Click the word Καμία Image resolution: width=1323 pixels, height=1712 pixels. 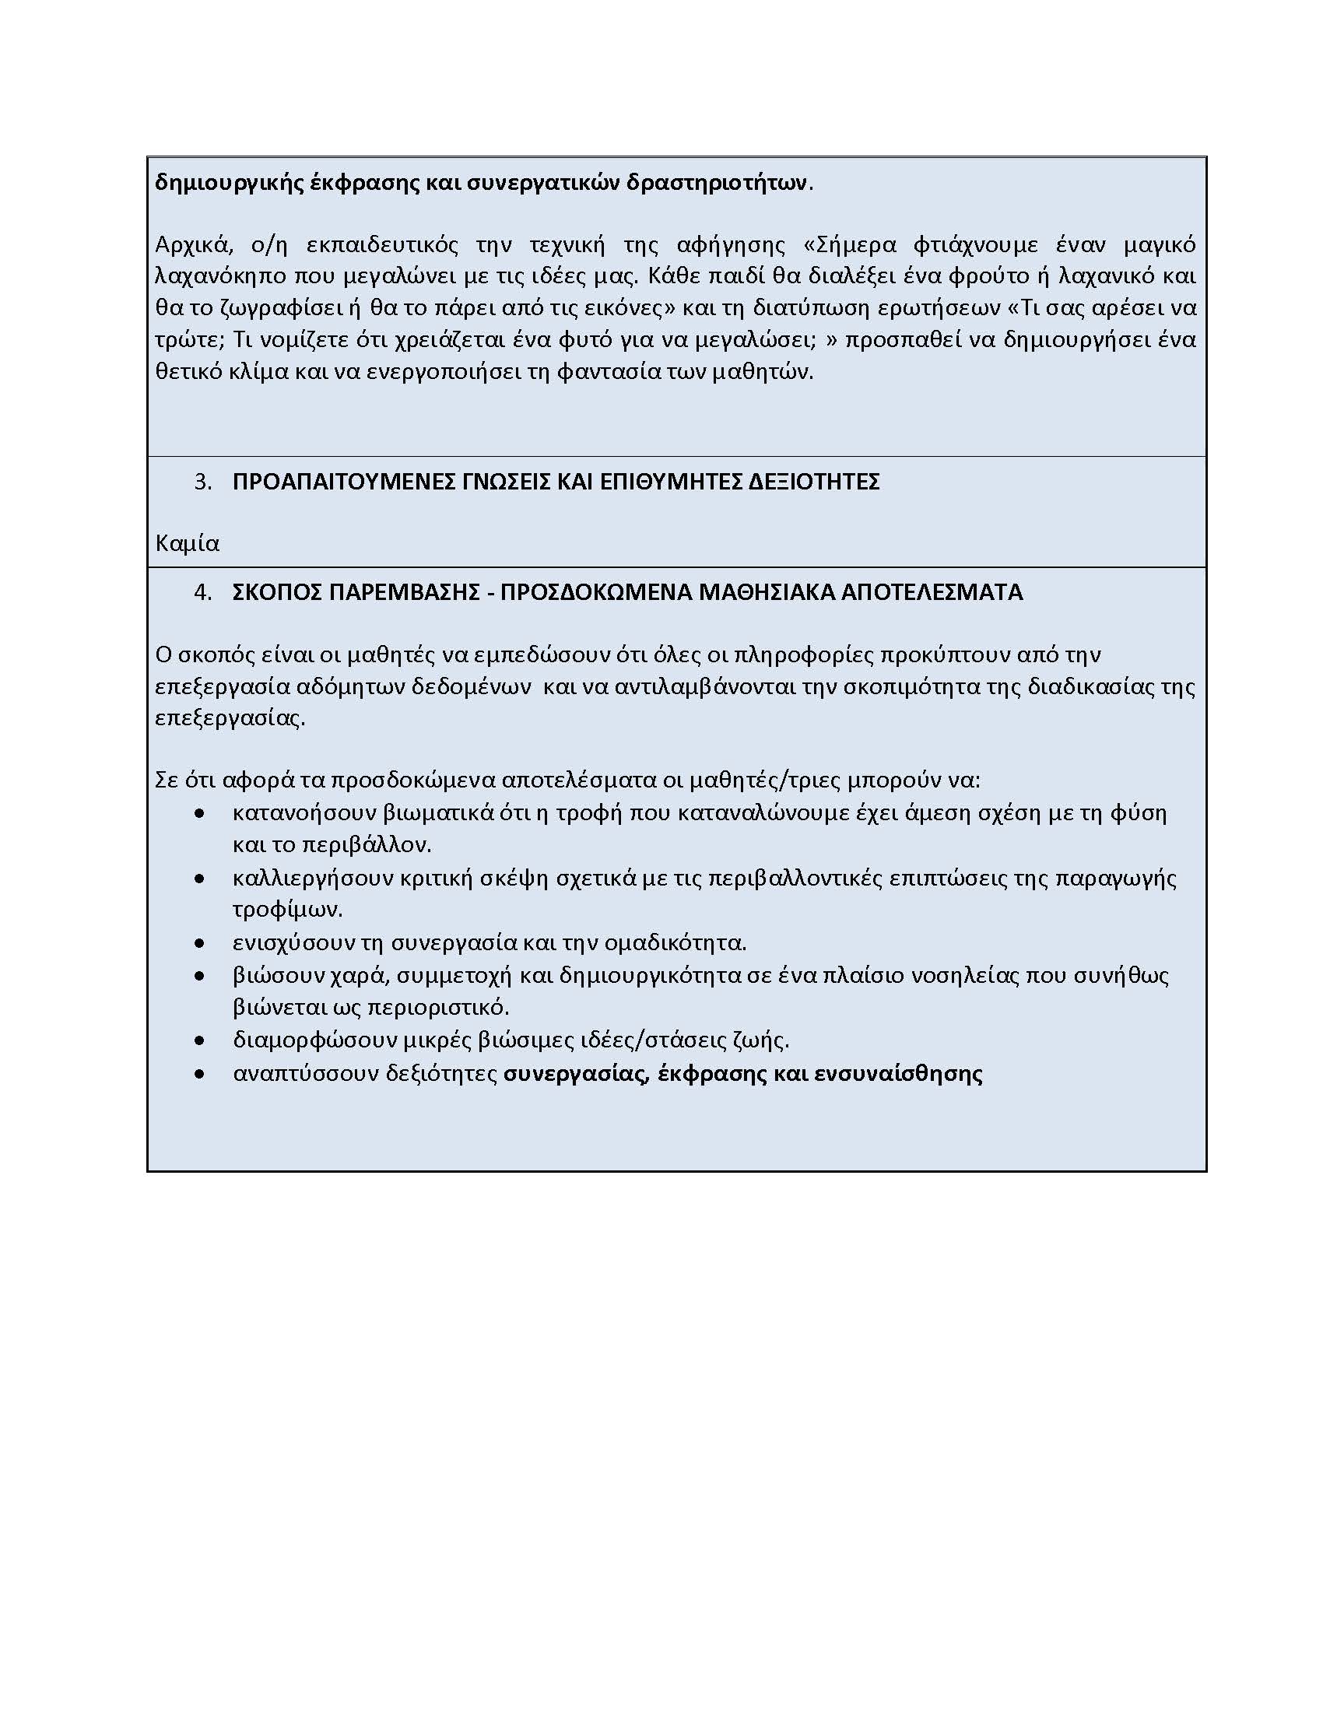(x=187, y=543)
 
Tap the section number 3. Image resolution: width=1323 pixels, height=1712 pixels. (x=202, y=481)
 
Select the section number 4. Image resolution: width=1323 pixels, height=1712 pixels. (x=202, y=592)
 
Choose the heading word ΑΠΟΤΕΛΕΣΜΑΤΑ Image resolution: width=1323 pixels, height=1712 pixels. (x=932, y=592)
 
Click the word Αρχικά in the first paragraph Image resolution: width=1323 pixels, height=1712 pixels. (x=194, y=245)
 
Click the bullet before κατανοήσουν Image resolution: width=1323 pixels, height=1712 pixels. (x=200, y=814)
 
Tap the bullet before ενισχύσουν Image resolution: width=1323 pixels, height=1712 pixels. (x=200, y=943)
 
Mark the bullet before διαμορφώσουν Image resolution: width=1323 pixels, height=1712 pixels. (x=200, y=1041)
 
